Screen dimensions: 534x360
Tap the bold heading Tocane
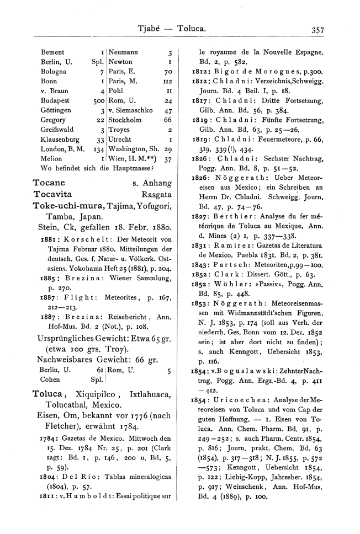(50, 183)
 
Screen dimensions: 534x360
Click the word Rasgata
(157, 194)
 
